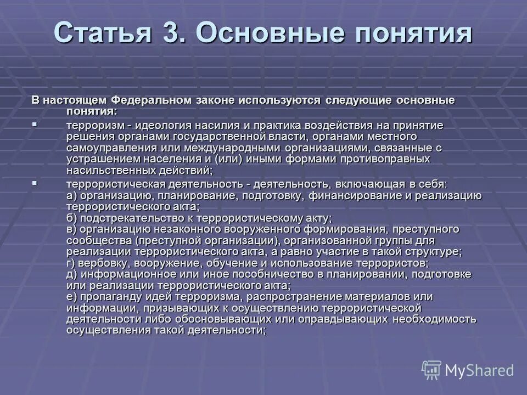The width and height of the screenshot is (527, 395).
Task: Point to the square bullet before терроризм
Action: click(x=35, y=125)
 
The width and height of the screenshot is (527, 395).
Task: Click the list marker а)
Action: click(x=71, y=196)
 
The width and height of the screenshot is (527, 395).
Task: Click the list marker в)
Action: click(x=71, y=229)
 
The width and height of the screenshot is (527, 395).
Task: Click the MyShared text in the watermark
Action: click(x=479, y=370)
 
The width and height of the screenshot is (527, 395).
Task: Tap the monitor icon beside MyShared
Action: click(x=431, y=370)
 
